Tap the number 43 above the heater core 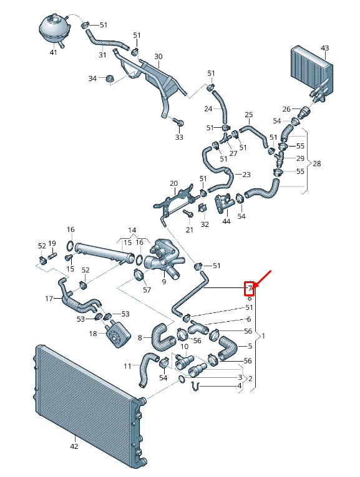click(324, 48)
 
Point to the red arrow click(262, 278)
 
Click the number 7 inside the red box click(249, 288)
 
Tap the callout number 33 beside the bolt click(179, 137)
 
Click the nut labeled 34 click(109, 79)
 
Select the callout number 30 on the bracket click(158, 57)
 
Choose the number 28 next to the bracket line click(317, 164)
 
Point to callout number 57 click(147, 290)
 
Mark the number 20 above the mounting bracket click(173, 183)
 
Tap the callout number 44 click(226, 221)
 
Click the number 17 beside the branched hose click(49, 299)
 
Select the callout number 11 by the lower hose click(127, 366)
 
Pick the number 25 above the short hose click(248, 115)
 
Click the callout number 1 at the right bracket click(263, 336)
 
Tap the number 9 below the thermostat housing click(164, 281)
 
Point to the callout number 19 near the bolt click(52, 243)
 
